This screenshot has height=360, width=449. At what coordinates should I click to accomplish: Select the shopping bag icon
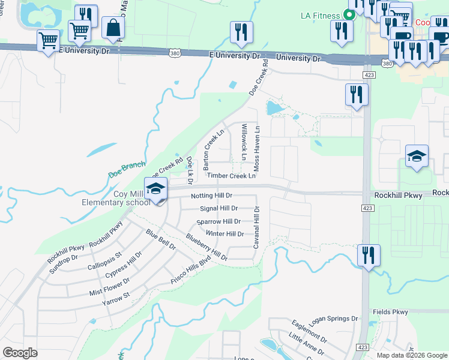pyautogui.click(x=113, y=28)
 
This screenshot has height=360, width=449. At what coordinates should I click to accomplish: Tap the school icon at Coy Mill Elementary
pyautogui.click(x=155, y=188)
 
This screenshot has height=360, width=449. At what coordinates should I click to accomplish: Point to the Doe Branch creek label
pyautogui.click(x=127, y=169)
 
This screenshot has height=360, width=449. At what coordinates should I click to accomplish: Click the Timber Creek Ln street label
pyautogui.click(x=231, y=176)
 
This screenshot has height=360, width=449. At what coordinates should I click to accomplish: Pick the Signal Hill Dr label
pyautogui.click(x=218, y=208)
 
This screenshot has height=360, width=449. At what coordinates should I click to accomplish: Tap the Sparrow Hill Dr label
pyautogui.click(x=218, y=221)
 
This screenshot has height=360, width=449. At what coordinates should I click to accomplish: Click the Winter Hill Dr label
pyautogui.click(x=224, y=234)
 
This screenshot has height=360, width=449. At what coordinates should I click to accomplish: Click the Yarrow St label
pyautogui.click(x=116, y=296)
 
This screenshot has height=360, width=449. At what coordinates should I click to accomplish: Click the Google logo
pyautogui.click(x=20, y=353)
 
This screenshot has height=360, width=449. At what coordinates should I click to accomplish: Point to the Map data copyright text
pyautogui.click(x=411, y=355)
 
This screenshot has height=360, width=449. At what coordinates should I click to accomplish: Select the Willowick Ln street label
pyautogui.click(x=244, y=142)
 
